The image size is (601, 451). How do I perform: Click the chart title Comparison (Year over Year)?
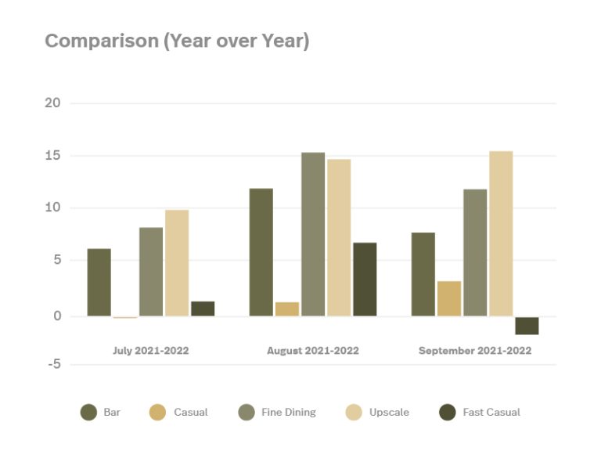pos(177,41)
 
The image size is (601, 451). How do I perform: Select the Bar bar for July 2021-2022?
pos(99,283)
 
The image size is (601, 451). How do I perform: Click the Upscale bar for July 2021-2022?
pos(177,263)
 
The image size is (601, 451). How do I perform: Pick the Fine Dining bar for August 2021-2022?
pos(313,234)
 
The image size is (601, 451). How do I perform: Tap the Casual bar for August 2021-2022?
pos(287,309)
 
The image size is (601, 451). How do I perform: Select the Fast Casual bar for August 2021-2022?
pos(365,280)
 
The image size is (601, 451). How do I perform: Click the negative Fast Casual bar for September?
pos(527,326)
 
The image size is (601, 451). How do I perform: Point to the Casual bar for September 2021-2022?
pos(449,298)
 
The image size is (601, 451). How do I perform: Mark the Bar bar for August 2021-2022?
pos(261,252)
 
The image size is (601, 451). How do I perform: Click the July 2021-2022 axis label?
pos(151,351)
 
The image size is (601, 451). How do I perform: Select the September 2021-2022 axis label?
pos(475,351)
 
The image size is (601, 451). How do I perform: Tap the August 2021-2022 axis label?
pos(313,351)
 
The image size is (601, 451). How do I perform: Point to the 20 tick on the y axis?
pos(53,103)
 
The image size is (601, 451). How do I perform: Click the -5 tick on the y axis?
pos(53,365)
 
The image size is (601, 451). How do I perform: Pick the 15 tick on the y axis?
pos(53,156)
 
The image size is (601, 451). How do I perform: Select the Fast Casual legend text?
pos(491,412)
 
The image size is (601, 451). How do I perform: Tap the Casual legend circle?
pos(158,412)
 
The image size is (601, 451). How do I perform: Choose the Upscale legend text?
pos(389,412)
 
